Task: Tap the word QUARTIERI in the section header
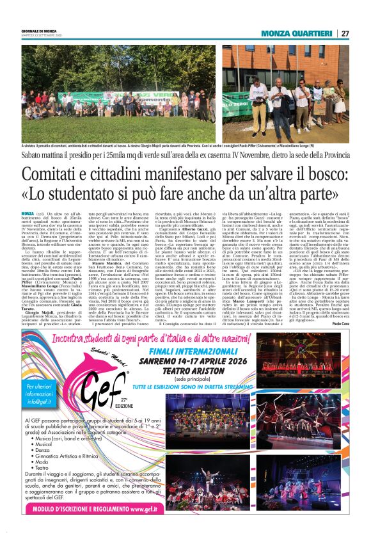click(x=308, y=33)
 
